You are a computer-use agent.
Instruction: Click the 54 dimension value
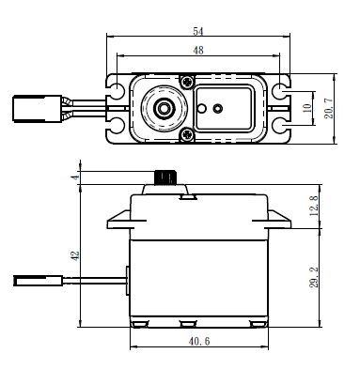tap(198, 31)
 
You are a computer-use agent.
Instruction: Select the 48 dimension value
tap(198, 50)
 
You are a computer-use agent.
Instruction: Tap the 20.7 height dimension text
tap(329, 108)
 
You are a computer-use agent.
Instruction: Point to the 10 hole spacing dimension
tap(307, 108)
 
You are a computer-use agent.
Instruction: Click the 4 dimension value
tap(74, 177)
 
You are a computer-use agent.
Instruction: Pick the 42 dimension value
tap(75, 255)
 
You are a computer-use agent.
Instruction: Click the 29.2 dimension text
tap(314, 277)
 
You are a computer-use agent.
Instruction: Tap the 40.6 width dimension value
tap(199, 341)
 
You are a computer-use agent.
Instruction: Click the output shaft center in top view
tap(163, 108)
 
